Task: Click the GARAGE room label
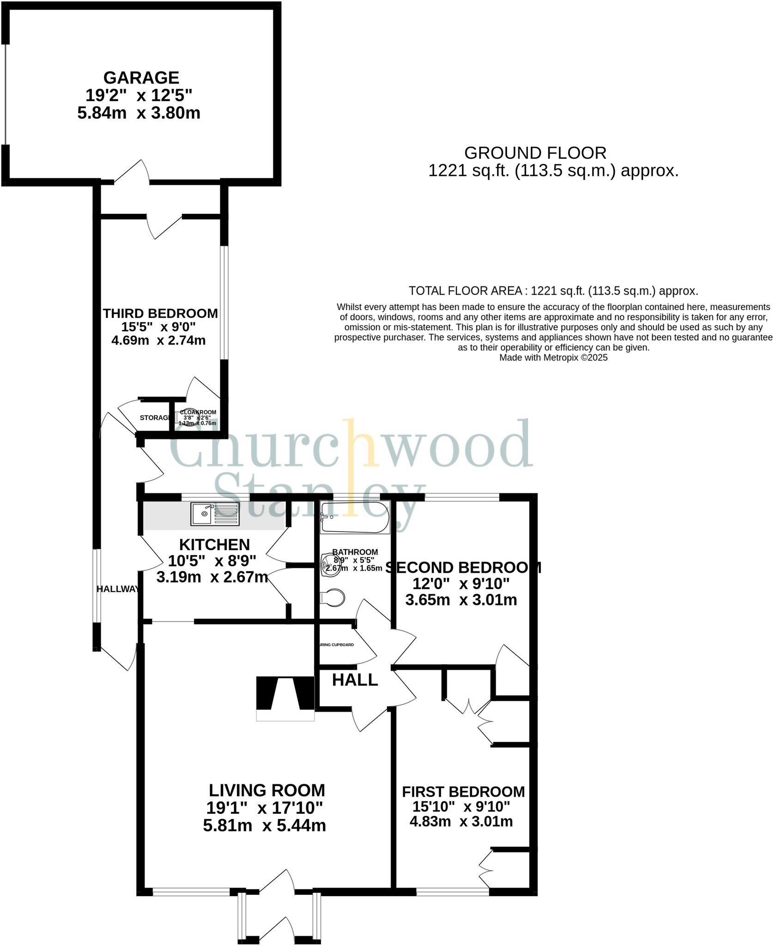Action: coord(141,77)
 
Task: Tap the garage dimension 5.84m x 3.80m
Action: coord(139,113)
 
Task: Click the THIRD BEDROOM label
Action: coord(160,314)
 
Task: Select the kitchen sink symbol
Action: coord(215,514)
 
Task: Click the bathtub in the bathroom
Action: coord(355,518)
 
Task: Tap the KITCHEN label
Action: coord(214,545)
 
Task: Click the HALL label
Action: coord(355,680)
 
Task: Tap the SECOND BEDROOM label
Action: coord(463,567)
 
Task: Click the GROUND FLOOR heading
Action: coord(535,153)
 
